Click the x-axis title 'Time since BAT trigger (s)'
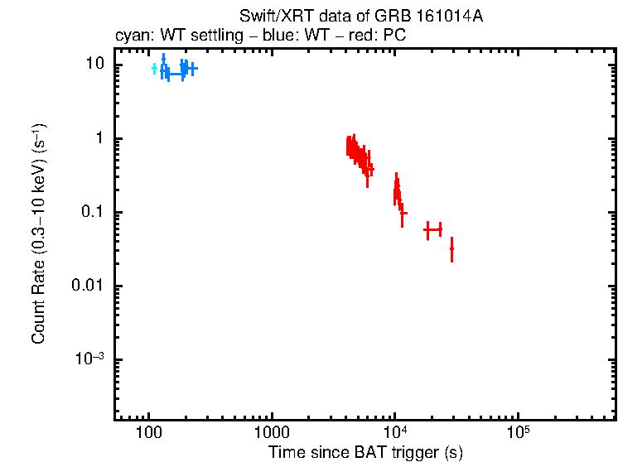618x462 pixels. coord(365,452)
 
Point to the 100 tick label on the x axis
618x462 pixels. coord(148,432)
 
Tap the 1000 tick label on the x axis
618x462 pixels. coord(271,432)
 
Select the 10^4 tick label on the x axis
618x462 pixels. coord(394,432)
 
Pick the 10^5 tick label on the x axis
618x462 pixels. coord(518,432)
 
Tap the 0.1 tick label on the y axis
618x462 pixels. coord(93,213)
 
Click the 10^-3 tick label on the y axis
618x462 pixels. coord(90,359)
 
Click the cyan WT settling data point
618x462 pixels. coord(155,69)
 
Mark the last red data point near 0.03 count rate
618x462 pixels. coord(451,248)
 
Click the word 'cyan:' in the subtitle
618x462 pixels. coord(132,36)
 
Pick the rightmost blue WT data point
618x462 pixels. coord(191,70)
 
